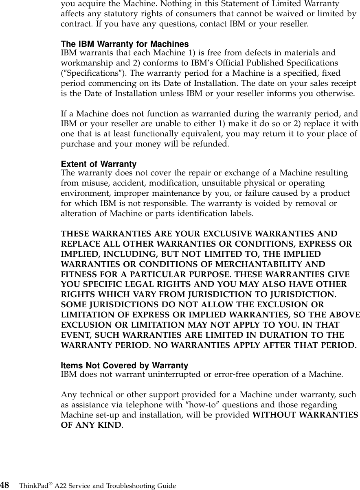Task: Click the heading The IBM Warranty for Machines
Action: tap(125, 44)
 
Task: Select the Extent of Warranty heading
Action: tap(99, 164)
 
